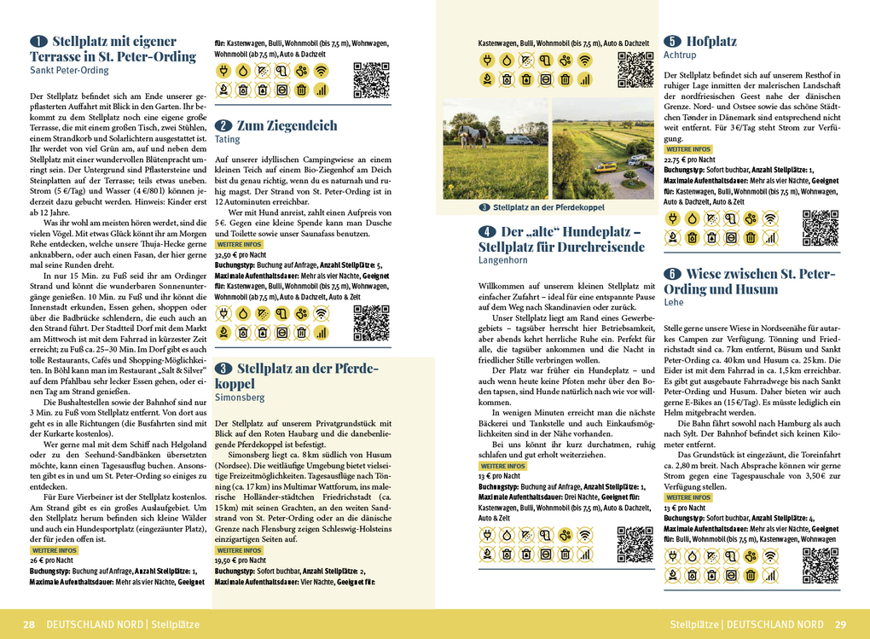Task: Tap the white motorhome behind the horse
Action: (x=517, y=139)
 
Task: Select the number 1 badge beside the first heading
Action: (x=38, y=42)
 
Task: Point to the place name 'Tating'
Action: (x=228, y=139)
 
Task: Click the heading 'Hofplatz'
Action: (x=711, y=41)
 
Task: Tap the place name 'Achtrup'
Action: (x=680, y=55)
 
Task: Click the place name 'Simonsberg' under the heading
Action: (x=241, y=398)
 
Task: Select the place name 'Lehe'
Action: (x=673, y=302)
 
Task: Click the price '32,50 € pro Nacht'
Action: (x=241, y=254)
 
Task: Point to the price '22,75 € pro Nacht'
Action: (x=690, y=160)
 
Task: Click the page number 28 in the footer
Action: (x=29, y=624)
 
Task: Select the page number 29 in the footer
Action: (x=840, y=624)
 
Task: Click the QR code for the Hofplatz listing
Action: (x=821, y=227)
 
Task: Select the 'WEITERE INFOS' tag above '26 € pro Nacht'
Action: (x=55, y=550)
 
